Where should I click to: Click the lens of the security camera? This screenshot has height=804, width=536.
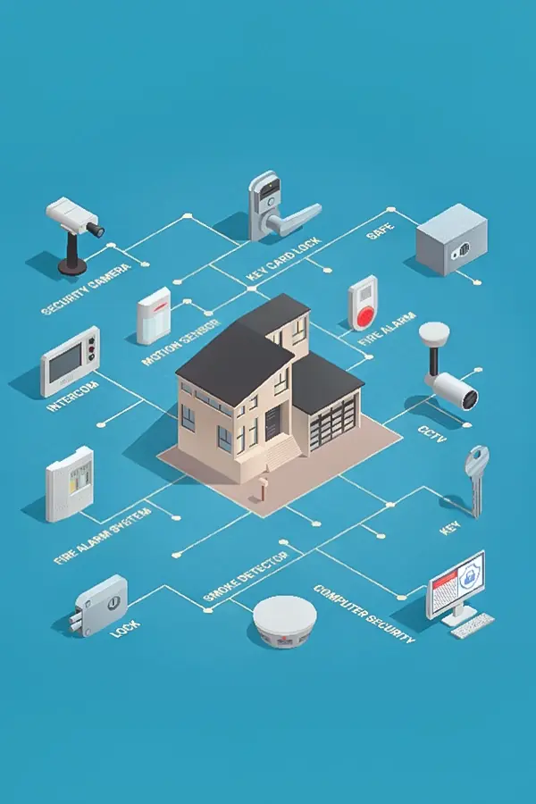click(x=96, y=230)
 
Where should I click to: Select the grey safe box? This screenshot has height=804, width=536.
click(x=451, y=239)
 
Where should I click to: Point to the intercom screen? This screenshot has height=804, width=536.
click(x=65, y=363)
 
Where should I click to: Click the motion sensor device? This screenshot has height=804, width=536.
click(x=154, y=315)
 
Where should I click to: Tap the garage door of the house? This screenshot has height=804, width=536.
click(x=333, y=423)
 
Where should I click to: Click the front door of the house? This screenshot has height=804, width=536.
click(x=272, y=423)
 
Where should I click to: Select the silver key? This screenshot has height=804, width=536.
click(x=476, y=481)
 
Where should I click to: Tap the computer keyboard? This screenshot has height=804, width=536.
click(x=473, y=625)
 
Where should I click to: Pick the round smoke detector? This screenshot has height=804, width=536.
click(x=285, y=622)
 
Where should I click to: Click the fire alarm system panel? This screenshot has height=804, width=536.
click(x=70, y=484)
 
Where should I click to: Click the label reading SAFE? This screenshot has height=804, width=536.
click(x=381, y=231)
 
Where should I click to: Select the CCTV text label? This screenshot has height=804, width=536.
click(x=432, y=433)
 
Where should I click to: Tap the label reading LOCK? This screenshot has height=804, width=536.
click(x=125, y=629)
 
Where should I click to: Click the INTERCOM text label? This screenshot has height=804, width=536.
click(x=73, y=397)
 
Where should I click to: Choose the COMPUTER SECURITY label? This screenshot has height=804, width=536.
click(x=364, y=613)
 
